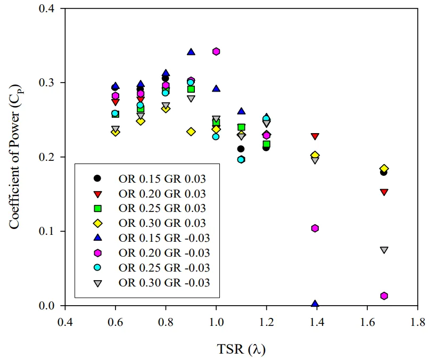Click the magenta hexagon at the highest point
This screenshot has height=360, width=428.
216,52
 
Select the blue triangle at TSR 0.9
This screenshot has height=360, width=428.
191,52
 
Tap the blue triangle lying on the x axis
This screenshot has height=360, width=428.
315,304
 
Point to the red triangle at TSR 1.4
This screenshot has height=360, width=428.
315,137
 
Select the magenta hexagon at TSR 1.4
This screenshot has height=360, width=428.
315,228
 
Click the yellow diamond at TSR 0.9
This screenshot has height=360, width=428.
191,132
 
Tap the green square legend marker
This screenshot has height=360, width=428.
97,208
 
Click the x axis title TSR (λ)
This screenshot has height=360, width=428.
241,349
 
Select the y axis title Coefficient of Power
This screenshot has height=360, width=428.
15,157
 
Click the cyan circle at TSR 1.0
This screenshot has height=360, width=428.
216,137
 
